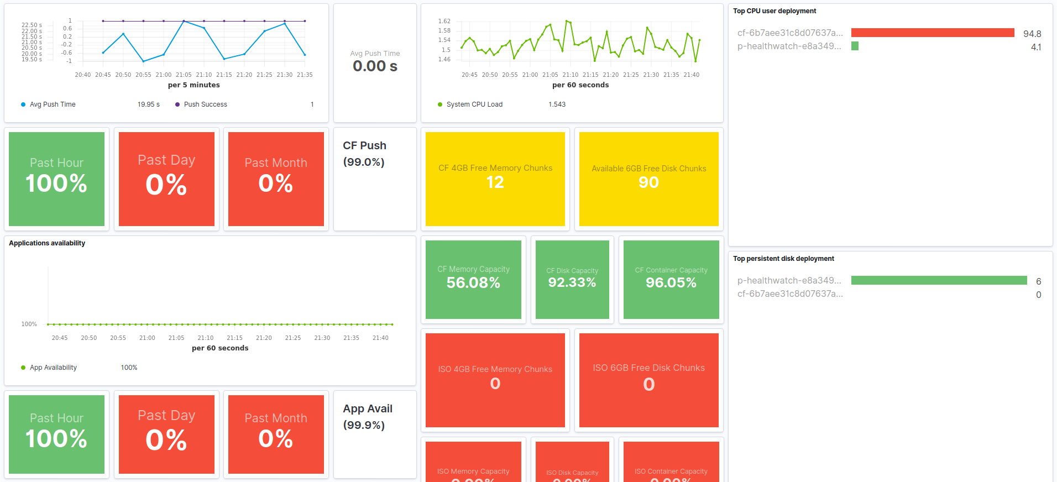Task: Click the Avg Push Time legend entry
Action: (x=53, y=104)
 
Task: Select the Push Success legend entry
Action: (x=205, y=104)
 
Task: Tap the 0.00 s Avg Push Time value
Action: (x=375, y=66)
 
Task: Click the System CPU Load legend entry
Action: (x=474, y=104)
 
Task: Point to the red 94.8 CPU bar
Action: (x=932, y=33)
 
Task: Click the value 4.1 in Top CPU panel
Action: (x=1035, y=48)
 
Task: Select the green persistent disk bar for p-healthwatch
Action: (x=939, y=281)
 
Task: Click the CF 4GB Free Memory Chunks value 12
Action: (x=495, y=182)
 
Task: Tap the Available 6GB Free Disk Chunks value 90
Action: (x=648, y=182)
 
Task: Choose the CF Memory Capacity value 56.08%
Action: (x=473, y=283)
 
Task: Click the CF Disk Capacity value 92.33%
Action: (x=572, y=282)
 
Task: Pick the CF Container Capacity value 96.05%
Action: (x=671, y=282)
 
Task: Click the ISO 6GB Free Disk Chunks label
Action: (x=648, y=368)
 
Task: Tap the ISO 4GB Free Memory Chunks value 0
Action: (x=495, y=384)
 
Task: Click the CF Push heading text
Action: (x=364, y=146)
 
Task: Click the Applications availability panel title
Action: (x=47, y=243)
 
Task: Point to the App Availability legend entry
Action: (x=53, y=368)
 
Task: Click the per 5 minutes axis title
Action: (x=193, y=85)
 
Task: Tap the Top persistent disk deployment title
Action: (x=783, y=259)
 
